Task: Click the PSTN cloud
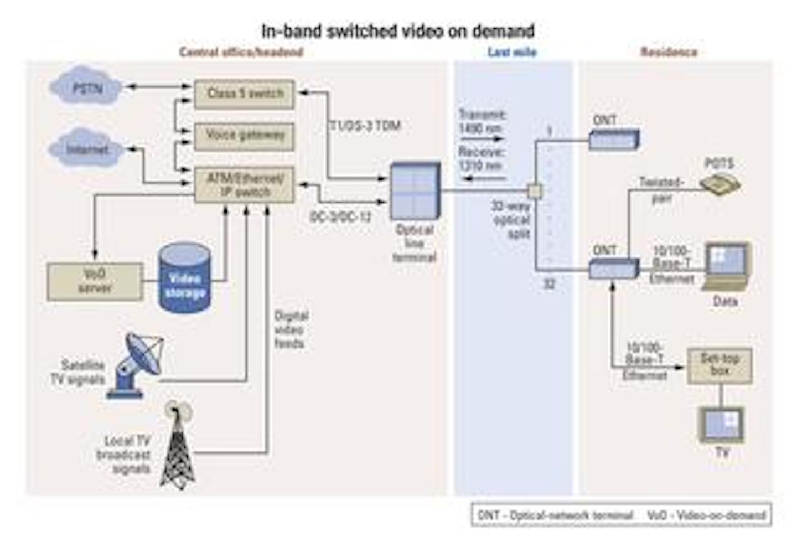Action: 87,87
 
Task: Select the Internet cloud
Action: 87,149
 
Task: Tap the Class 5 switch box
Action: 244,94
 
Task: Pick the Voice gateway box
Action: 244,135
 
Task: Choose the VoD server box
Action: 95,281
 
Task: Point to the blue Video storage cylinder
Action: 185,278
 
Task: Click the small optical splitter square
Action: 534,191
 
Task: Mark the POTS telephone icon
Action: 720,184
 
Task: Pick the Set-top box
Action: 720,365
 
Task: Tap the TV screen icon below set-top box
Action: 722,425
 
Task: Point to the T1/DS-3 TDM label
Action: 365,126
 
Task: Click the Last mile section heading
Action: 512,53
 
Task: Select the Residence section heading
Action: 669,53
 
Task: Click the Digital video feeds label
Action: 291,330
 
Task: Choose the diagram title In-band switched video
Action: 397,31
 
